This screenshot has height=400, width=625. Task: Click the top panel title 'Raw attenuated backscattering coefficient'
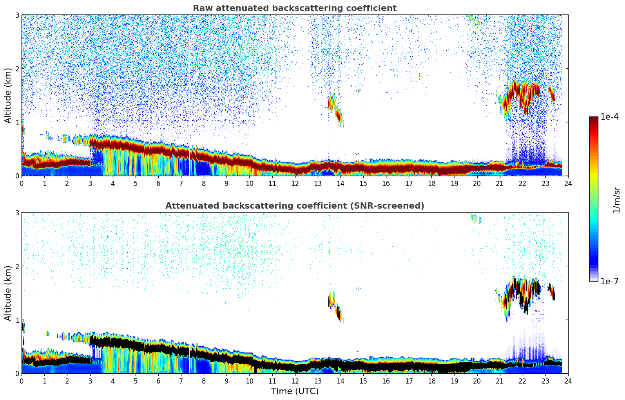point(294,8)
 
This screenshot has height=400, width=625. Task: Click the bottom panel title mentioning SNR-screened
point(294,206)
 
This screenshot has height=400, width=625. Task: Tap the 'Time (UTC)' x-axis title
point(295,391)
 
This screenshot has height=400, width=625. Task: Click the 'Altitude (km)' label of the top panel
point(8,95)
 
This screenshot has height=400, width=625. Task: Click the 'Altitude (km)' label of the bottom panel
point(8,293)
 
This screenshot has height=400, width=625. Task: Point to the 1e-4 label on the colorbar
point(609,117)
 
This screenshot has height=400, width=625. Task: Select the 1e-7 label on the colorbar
point(609,281)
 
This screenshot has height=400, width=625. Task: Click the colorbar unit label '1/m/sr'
point(616,199)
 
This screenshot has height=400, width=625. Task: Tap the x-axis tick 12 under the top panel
point(295,183)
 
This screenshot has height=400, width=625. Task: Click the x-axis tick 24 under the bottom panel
point(568,381)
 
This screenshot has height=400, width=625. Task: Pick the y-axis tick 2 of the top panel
point(17,69)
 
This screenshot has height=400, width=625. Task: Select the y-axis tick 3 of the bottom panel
point(17,213)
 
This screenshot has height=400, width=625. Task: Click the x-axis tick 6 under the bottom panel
point(158,381)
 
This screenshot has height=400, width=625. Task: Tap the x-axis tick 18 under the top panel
point(431,183)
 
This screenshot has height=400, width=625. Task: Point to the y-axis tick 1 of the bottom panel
point(17,320)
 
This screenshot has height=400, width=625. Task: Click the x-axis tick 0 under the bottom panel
point(22,381)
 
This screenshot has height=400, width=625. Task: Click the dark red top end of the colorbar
point(594,119)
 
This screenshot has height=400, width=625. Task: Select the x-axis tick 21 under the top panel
point(500,183)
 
